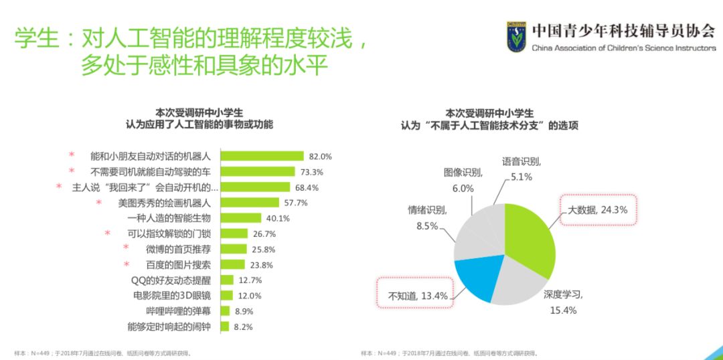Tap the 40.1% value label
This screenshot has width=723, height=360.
[278, 218]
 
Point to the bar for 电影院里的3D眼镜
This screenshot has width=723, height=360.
[227, 295]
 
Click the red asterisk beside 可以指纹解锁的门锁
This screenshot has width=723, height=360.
[108, 234]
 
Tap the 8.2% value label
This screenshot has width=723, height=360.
[243, 327]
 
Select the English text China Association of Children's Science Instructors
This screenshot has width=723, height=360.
[623, 48]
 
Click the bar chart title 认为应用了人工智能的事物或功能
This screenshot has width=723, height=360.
[199, 124]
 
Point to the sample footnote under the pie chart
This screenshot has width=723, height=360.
[449, 353]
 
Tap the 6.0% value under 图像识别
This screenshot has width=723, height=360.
[463, 189]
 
